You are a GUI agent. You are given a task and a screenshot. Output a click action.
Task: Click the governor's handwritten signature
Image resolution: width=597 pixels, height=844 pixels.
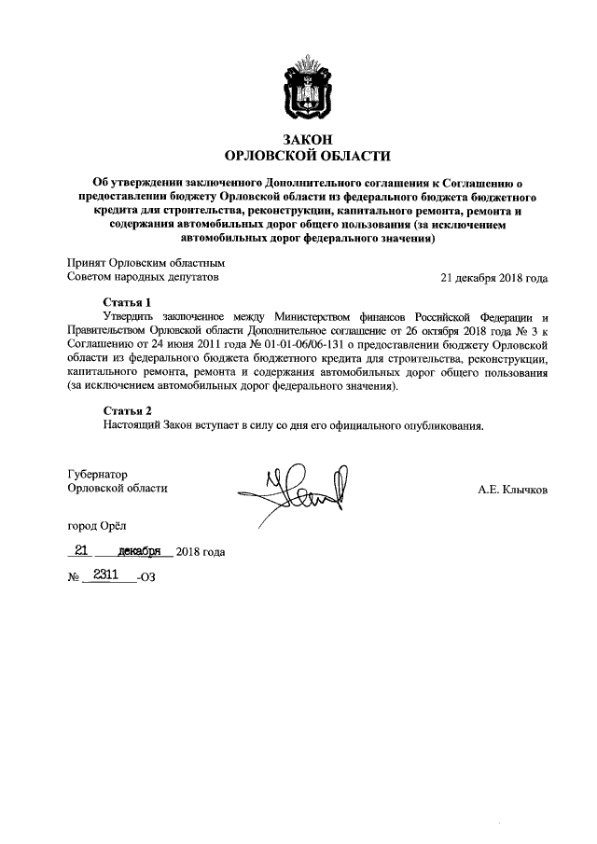(x=297, y=490)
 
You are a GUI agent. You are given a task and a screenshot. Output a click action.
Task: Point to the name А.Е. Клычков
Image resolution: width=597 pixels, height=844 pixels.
(x=512, y=489)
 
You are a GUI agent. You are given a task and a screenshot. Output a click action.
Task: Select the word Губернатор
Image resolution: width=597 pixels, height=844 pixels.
(x=98, y=473)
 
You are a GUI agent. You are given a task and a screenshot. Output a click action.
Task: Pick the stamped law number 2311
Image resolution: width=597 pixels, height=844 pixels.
(x=105, y=576)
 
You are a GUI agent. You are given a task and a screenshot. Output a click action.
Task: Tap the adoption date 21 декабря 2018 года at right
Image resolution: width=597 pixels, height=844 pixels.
(x=493, y=278)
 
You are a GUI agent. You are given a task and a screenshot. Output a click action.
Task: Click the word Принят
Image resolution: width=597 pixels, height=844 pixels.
(x=87, y=263)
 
